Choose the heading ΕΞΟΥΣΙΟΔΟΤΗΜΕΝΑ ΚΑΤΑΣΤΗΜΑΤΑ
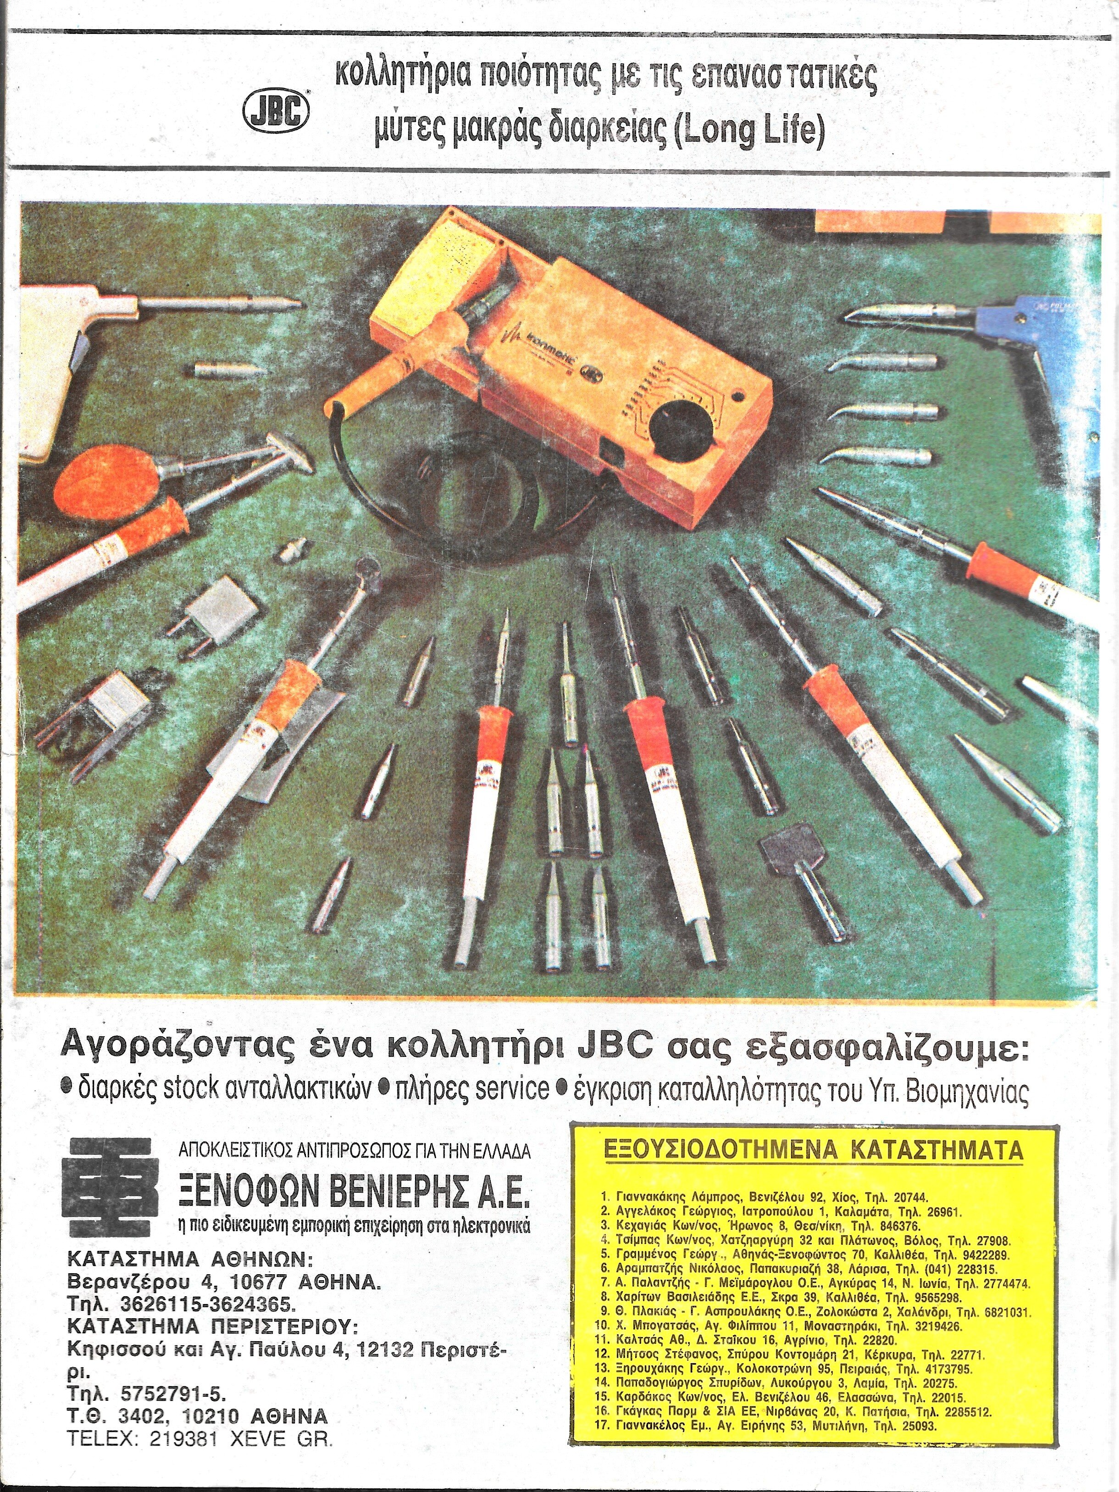813,1149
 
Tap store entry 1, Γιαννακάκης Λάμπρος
764,1198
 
